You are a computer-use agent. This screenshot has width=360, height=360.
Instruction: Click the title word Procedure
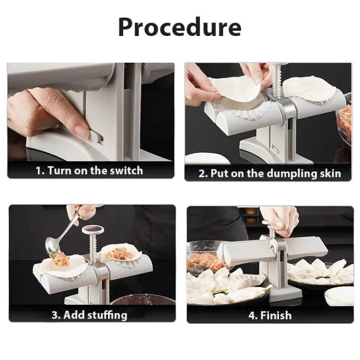pyautogui.click(x=180, y=27)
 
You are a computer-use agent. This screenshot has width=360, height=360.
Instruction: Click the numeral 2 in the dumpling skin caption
pyautogui.click(x=201, y=174)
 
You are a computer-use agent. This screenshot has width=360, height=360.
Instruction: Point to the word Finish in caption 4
pyautogui.click(x=276, y=315)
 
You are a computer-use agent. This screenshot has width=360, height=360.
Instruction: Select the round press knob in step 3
pyautogui.click(x=93, y=229)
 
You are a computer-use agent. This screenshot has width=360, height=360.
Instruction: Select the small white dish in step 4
pyautogui.click(x=339, y=297)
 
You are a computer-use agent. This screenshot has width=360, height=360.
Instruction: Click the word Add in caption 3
pyautogui.click(x=71, y=315)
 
